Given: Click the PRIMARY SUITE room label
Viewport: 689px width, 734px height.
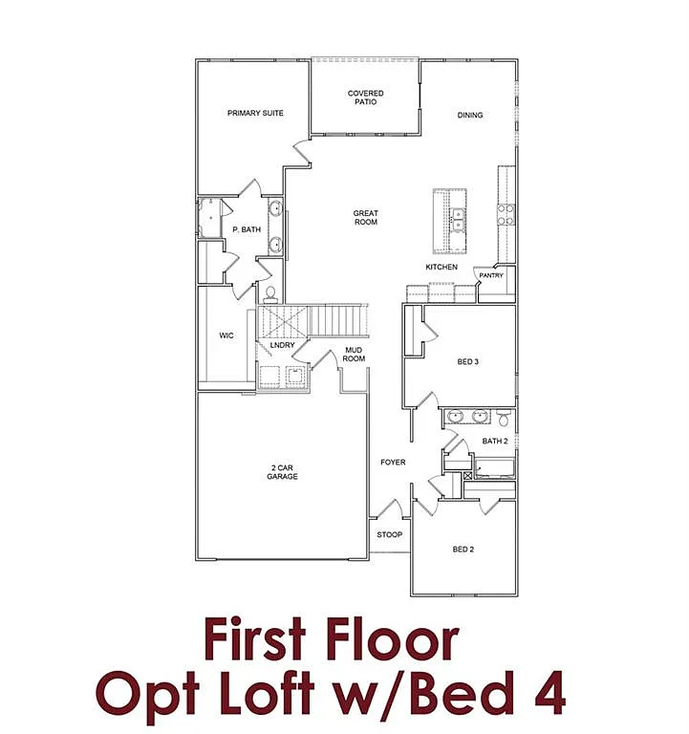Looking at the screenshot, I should coord(255,113).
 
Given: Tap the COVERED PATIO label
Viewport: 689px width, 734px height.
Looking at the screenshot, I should coord(366,98).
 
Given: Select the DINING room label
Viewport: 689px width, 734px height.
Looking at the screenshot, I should coord(470,116).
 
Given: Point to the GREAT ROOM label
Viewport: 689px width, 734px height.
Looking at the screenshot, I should coord(366,218).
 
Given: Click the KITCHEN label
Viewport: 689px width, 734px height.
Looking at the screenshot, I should coord(441,267).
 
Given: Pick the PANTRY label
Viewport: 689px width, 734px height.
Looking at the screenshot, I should coord(491,276).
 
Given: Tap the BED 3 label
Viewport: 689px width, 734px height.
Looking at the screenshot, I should coord(467,360).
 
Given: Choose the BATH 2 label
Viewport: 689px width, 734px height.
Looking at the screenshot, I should coord(494,441).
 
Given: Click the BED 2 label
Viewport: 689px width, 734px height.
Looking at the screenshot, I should coord(463,550).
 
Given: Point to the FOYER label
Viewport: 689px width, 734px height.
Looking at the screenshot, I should coord(393,463).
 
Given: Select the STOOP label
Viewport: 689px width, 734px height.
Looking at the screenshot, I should coord(389,534).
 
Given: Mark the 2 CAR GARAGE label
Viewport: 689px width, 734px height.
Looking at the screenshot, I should coord(282,471).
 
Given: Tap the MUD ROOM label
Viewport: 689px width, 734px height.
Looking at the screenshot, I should coord(355,355).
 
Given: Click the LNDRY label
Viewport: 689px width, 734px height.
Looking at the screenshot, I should coord(282,345).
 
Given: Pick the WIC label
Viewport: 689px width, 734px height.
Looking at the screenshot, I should coord(226,335).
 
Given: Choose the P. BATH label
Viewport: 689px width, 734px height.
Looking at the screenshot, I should coord(247,229).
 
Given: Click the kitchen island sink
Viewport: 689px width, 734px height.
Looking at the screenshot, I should coord(458,221).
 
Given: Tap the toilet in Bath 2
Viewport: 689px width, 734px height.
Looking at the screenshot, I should coord(503,418).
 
